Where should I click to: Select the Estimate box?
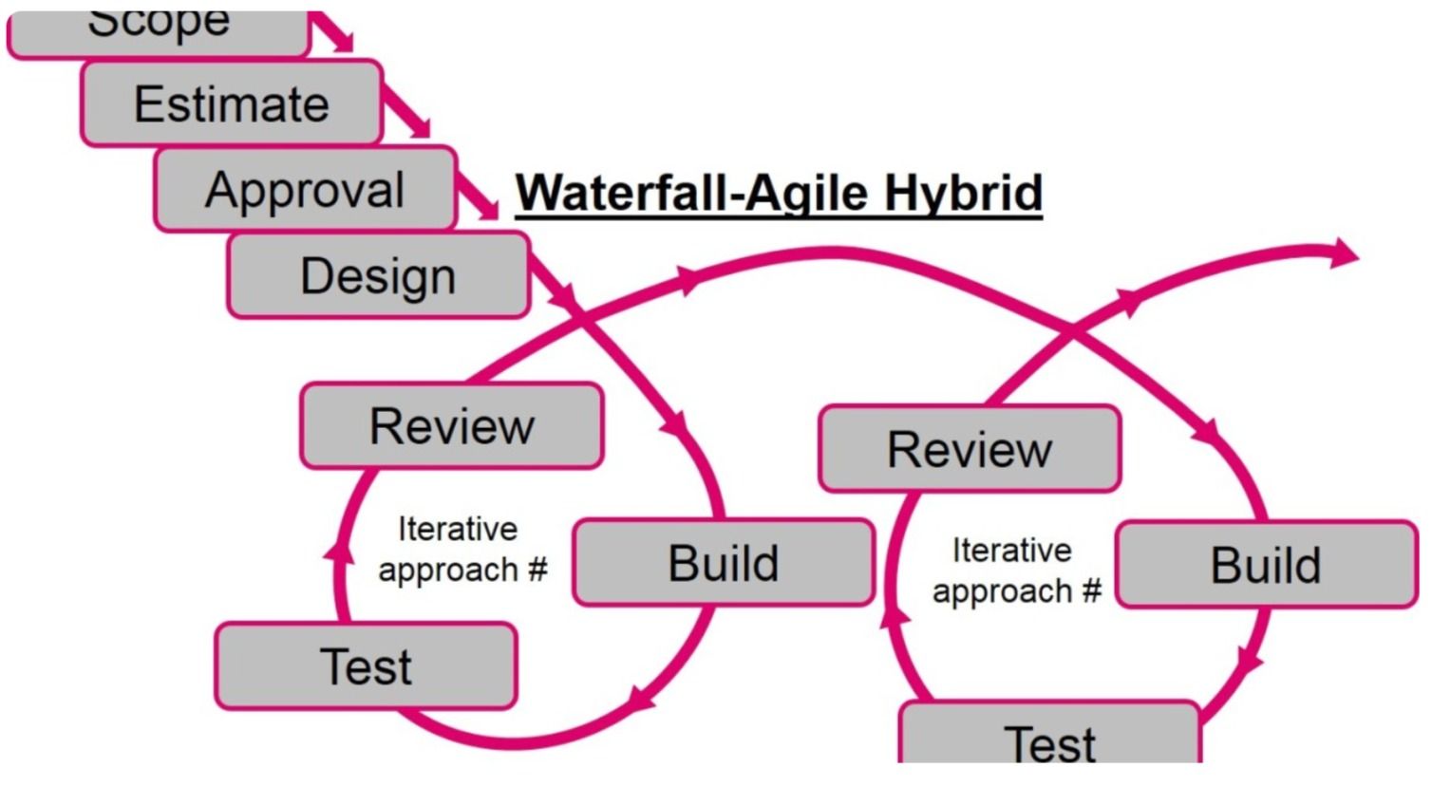(232, 103)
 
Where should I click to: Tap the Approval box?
(305, 189)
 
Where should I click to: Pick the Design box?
(378, 275)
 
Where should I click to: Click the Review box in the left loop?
(452, 425)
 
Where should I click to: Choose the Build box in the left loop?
(724, 562)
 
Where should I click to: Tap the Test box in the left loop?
(367, 665)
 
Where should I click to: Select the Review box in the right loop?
(970, 448)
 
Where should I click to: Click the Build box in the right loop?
(1266, 565)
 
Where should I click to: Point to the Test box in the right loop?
(1049, 736)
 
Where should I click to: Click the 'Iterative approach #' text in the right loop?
(1015, 571)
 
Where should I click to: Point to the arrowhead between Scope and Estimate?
(342, 40)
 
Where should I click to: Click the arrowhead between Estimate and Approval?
(419, 126)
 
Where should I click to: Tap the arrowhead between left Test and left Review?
(339, 551)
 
